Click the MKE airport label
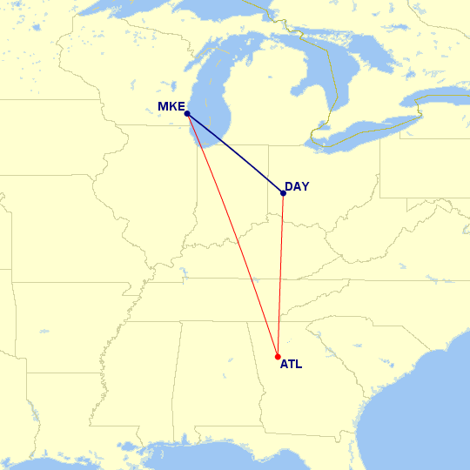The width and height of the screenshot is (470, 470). point(171,107)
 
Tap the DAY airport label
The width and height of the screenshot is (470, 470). point(297,186)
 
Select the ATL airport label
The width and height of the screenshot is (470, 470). point(291,365)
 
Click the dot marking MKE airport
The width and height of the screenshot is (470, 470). point(187,114)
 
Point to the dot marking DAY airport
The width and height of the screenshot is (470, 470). point(284,193)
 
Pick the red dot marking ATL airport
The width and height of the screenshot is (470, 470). point(278,357)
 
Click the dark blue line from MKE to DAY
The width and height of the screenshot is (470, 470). point(235,153)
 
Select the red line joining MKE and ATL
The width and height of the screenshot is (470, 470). point(232,235)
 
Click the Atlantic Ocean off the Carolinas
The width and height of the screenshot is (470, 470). point(426,392)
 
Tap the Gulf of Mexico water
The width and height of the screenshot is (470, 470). point(218,457)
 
